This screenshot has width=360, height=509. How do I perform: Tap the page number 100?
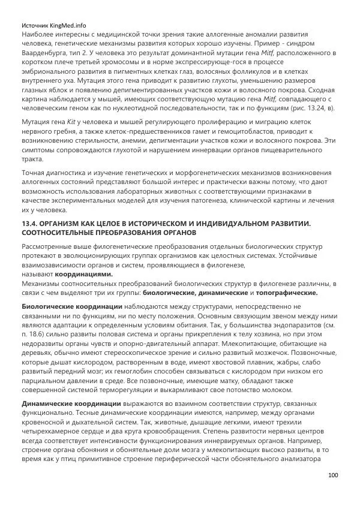334,475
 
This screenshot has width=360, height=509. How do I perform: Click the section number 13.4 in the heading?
30,223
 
